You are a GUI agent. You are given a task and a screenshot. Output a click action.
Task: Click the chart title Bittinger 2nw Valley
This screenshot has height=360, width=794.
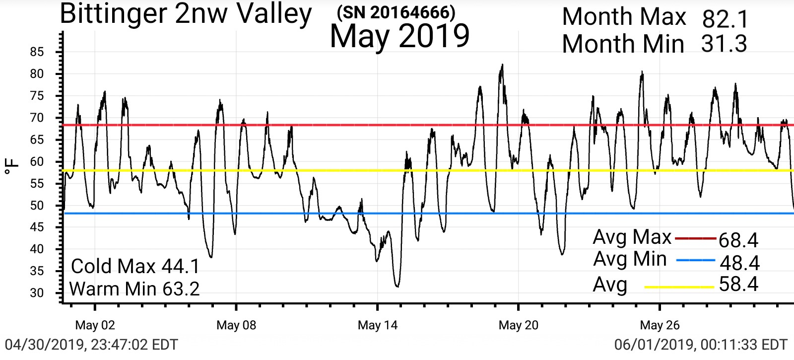point(185,14)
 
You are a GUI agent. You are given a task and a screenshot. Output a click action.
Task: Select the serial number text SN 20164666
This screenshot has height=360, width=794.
point(396,12)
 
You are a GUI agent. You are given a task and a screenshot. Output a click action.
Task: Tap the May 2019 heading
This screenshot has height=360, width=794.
point(399,36)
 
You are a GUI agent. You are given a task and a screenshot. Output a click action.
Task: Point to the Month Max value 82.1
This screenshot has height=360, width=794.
point(725,20)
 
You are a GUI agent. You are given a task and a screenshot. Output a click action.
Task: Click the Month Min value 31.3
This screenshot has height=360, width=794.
point(724,44)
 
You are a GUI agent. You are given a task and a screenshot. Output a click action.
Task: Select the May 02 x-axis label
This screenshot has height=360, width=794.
point(95,325)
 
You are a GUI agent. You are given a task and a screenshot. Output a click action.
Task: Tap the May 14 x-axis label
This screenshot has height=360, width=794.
point(378,325)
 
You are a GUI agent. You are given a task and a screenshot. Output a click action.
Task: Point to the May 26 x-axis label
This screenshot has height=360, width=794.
point(660,325)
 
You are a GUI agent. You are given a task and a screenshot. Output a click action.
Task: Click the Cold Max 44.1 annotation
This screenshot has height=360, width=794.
point(135,267)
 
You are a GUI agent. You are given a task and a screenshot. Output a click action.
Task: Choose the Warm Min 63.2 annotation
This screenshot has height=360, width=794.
point(134,288)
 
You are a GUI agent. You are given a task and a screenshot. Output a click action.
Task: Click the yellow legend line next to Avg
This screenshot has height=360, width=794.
point(679,287)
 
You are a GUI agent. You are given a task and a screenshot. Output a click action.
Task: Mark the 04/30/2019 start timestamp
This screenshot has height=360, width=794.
point(91,345)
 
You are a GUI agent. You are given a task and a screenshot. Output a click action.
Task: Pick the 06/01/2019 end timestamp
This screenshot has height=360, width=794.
point(701,345)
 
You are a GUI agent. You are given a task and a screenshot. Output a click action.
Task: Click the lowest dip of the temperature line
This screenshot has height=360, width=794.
point(397,286)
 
